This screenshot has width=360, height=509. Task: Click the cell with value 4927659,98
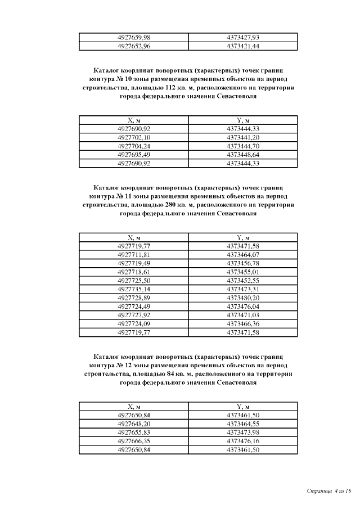pyautogui.click(x=134, y=37)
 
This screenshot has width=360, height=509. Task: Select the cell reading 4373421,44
pyautogui.click(x=242, y=46)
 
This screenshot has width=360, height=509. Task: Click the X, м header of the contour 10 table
pyautogui.click(x=134, y=120)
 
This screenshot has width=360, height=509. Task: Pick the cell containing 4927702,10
pyautogui.click(x=134, y=137)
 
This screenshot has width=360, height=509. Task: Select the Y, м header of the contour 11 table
pyautogui.click(x=242, y=237)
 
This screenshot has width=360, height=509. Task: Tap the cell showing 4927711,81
pyautogui.click(x=134, y=255)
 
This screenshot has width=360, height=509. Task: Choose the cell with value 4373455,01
pyautogui.click(x=242, y=272)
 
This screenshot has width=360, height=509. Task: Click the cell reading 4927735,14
pyautogui.click(x=134, y=289)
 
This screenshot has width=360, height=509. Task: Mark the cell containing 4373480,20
pyautogui.click(x=242, y=298)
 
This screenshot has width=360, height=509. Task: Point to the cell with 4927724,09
pyautogui.click(x=134, y=323)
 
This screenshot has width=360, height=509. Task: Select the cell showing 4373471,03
pyautogui.click(x=242, y=315)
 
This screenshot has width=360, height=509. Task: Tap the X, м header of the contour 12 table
pyautogui.click(x=134, y=407)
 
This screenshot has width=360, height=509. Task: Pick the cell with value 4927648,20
pyautogui.click(x=134, y=424)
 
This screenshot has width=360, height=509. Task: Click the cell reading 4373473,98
pyautogui.click(x=242, y=432)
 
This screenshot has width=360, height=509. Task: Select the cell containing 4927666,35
pyautogui.click(x=134, y=441)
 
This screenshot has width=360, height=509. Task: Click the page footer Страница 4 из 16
pyautogui.click(x=329, y=491)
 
